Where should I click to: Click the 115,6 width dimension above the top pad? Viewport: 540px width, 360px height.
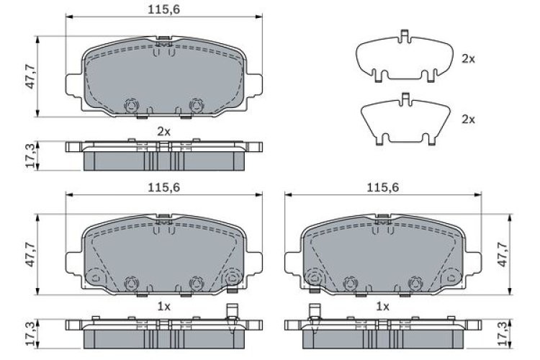(x=163, y=8)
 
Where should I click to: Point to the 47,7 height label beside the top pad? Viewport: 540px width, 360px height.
(x=28, y=76)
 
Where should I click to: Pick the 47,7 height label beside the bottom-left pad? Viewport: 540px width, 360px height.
(x=28, y=255)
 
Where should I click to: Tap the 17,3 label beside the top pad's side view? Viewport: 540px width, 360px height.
(x=28, y=155)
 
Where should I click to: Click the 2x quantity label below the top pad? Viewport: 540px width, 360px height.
(x=163, y=131)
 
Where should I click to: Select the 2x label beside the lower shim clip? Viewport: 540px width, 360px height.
(x=468, y=119)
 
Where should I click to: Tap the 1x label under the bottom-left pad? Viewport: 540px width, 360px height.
(x=163, y=306)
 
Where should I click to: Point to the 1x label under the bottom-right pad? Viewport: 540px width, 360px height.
(x=382, y=306)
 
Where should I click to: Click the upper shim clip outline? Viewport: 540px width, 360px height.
(x=405, y=58)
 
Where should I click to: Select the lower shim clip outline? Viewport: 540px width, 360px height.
(x=405, y=119)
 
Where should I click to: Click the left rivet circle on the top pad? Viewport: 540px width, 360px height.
(x=131, y=106)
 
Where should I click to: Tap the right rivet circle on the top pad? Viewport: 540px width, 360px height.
(x=194, y=106)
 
